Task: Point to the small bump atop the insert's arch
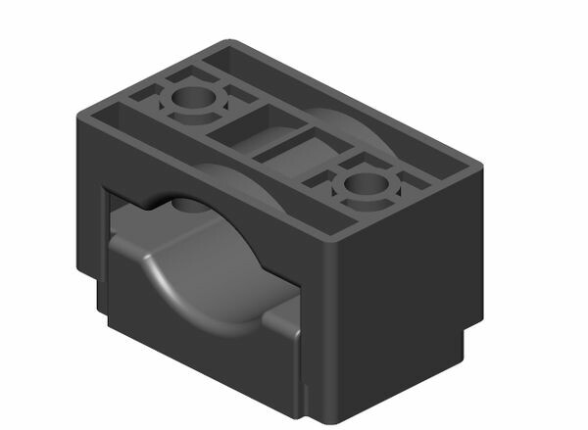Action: tap(186, 205)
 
